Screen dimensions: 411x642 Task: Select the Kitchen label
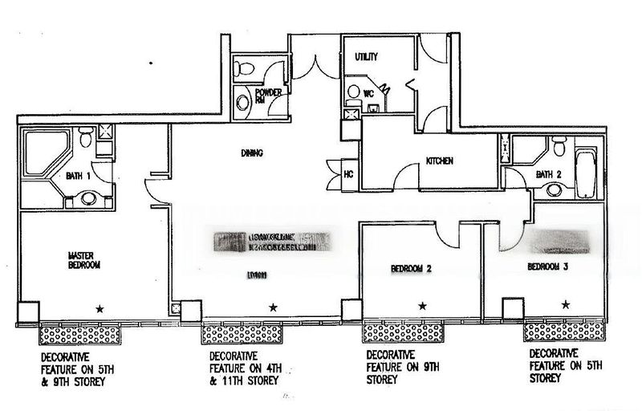pyautogui.click(x=440, y=161)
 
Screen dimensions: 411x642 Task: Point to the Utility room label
pyautogui.click(x=366, y=56)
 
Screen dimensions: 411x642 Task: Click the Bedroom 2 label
pyautogui.click(x=412, y=269)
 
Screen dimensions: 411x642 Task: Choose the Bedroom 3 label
pyautogui.click(x=547, y=266)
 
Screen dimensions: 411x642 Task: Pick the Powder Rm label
pyautogui.click(x=268, y=96)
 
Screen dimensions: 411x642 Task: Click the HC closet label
pyautogui.click(x=349, y=173)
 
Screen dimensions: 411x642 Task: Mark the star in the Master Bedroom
pyautogui.click(x=100, y=307)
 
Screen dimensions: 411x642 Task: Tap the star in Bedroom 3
pyautogui.click(x=567, y=304)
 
